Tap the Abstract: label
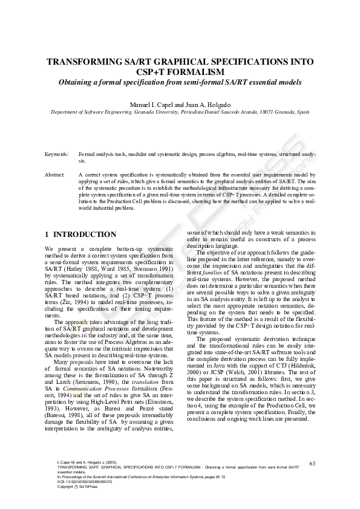55,174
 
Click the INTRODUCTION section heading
85,235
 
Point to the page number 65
312,463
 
